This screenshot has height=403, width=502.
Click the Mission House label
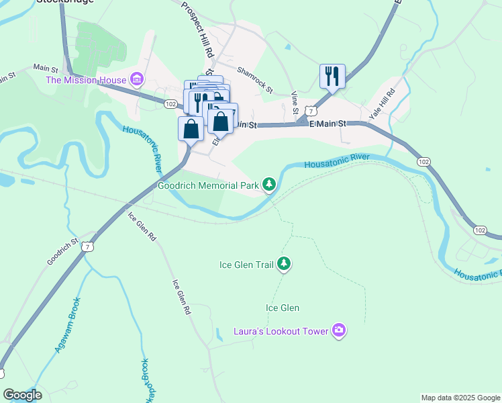85,81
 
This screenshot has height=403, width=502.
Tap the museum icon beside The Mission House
138,81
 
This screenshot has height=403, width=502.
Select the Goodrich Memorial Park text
208,185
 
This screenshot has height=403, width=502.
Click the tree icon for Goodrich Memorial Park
269,184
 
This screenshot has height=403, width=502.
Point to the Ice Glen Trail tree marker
284,264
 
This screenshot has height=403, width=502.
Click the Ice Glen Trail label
246,265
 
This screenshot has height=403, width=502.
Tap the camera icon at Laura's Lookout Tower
339,330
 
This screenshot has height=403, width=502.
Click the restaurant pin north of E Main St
332,76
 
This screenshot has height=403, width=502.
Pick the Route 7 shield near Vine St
309,110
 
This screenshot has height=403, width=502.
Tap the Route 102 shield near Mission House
170,104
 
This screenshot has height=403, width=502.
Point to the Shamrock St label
255,80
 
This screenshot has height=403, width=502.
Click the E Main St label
327,124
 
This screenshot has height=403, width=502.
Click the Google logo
23,395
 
